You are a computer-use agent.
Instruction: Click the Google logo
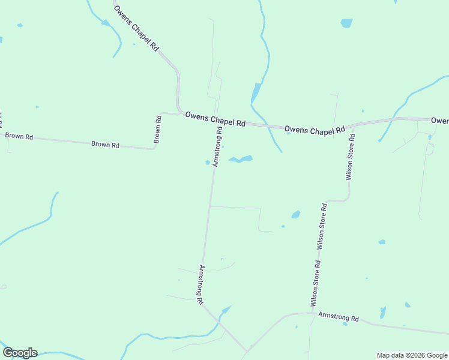(x=20, y=353)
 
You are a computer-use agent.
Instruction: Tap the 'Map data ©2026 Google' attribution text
(x=412, y=355)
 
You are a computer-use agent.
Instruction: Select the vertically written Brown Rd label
(x=157, y=128)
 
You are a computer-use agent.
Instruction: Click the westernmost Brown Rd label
(x=19, y=136)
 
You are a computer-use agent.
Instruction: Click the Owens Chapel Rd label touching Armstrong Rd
(x=215, y=118)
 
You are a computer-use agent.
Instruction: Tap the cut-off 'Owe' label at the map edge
(x=440, y=121)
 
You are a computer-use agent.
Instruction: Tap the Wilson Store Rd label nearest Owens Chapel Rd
(x=350, y=157)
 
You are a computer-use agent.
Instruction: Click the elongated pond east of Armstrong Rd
(x=240, y=160)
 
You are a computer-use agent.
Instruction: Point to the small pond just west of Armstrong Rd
(x=208, y=162)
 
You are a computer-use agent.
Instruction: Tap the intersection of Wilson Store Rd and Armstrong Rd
(x=312, y=313)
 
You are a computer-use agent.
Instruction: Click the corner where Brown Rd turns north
(x=154, y=148)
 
